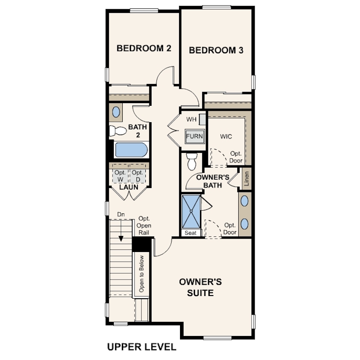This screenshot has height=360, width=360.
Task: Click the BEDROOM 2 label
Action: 144,48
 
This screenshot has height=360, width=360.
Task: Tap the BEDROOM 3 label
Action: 216,50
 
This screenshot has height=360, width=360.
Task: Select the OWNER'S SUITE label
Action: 200,287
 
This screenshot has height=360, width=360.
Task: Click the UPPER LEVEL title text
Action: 142,347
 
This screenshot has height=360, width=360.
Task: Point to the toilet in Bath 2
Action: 117,131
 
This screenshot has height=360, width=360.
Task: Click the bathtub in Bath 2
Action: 131,150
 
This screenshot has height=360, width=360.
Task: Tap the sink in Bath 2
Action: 116,112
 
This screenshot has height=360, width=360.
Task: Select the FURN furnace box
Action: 195,136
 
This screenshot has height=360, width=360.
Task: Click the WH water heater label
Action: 191,120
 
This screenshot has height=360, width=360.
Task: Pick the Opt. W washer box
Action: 120,176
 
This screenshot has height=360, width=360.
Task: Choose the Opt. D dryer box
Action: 138,176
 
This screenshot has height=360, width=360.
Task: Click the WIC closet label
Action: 226,136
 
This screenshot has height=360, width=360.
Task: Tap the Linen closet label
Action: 247,179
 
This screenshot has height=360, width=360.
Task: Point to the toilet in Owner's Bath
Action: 192,162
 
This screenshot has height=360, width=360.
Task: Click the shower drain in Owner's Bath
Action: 191,211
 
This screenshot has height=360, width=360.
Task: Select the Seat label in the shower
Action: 191,233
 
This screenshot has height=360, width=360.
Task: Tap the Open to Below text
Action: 141,274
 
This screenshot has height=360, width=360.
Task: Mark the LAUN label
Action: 129,187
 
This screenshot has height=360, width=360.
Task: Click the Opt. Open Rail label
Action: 144,225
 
